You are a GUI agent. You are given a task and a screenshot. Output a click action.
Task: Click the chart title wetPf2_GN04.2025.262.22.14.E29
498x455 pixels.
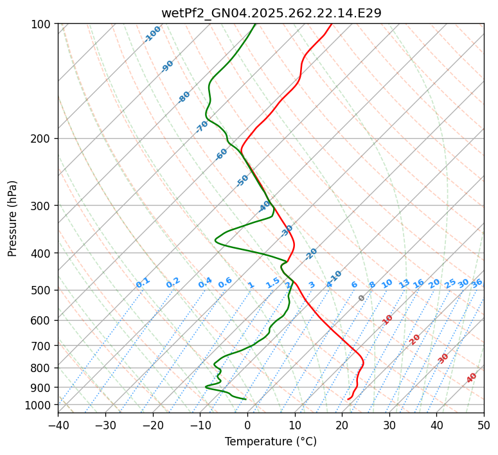point(271,13)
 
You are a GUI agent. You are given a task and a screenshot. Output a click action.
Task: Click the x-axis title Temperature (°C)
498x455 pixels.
point(271,442)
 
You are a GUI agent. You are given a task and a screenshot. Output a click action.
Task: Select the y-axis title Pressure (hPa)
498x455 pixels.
point(13,219)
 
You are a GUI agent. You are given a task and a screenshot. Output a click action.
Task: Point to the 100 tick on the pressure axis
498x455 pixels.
point(43,24)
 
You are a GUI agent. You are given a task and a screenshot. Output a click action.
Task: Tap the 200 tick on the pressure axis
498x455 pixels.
point(43,139)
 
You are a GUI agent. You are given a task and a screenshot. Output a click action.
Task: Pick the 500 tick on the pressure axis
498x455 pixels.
point(43,290)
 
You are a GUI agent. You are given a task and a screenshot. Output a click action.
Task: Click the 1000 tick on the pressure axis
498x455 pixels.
point(40,405)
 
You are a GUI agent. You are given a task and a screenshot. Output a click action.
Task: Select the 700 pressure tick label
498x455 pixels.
point(43,346)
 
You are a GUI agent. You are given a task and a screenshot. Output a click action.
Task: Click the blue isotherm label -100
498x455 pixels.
point(153,34)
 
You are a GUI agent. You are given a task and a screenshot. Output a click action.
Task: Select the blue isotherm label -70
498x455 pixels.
point(202,127)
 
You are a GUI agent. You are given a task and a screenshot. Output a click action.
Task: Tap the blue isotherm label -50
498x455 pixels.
point(242,181)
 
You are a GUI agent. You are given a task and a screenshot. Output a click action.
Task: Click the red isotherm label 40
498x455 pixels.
point(472,378)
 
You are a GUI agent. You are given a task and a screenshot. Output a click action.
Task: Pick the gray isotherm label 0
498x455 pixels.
point(362,298)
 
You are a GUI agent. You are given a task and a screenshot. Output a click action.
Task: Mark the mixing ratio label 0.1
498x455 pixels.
point(143,283)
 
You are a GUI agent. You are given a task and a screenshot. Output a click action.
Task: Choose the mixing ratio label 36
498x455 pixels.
point(477,283)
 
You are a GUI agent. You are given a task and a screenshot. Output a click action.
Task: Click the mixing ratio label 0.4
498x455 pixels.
point(205,283)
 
